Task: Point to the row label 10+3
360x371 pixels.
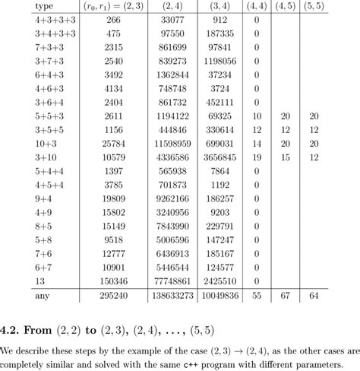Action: (x=24, y=143)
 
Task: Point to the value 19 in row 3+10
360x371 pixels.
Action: (x=256, y=157)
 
